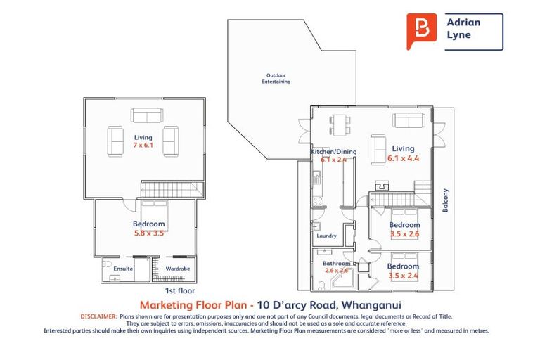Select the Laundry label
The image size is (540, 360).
[326, 236]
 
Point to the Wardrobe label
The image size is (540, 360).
[176, 269]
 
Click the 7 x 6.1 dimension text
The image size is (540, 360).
[143, 145]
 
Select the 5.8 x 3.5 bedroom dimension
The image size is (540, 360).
[148, 233]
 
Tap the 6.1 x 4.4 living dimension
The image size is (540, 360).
[403, 158]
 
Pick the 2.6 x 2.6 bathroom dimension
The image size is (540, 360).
[336, 271]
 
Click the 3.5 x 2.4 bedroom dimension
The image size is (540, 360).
[404, 275]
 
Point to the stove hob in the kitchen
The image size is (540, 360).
[316, 200]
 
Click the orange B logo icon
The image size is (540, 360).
[421, 31]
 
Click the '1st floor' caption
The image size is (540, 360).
[179, 290]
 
